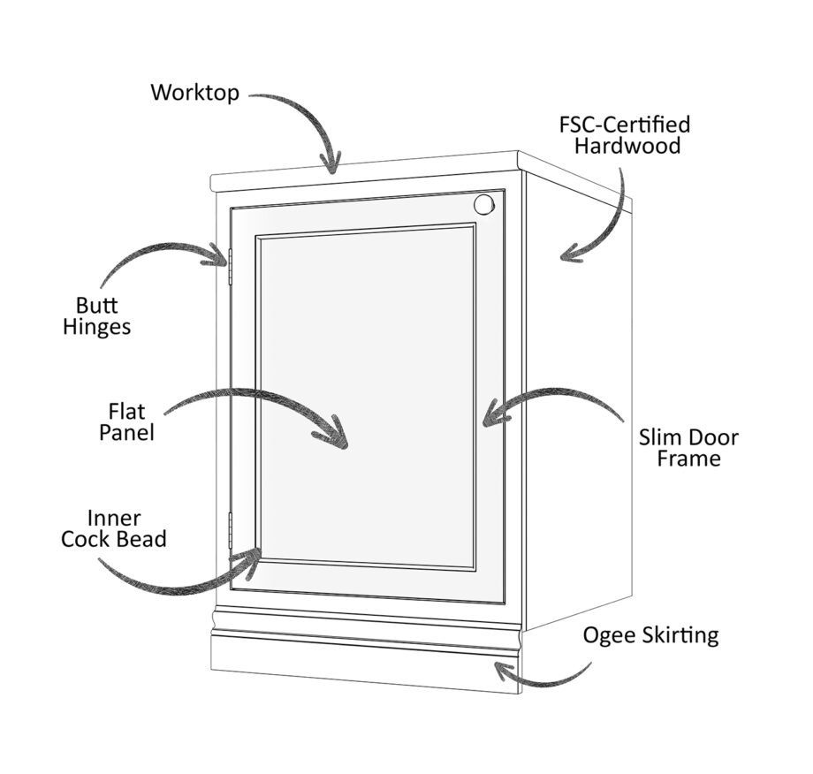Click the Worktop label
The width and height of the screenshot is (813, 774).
pos(194,92)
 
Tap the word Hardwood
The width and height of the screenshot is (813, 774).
pos(627,146)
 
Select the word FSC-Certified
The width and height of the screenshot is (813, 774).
pos(625,124)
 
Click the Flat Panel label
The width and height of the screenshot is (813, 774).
pos(126,421)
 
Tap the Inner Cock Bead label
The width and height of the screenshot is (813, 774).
pos(114,527)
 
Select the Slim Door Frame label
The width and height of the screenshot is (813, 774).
pos(688,448)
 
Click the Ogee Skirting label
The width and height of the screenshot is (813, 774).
pos(651,635)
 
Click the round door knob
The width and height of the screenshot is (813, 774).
pos(482,205)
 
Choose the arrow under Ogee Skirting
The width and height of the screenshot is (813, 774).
pos(539,676)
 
